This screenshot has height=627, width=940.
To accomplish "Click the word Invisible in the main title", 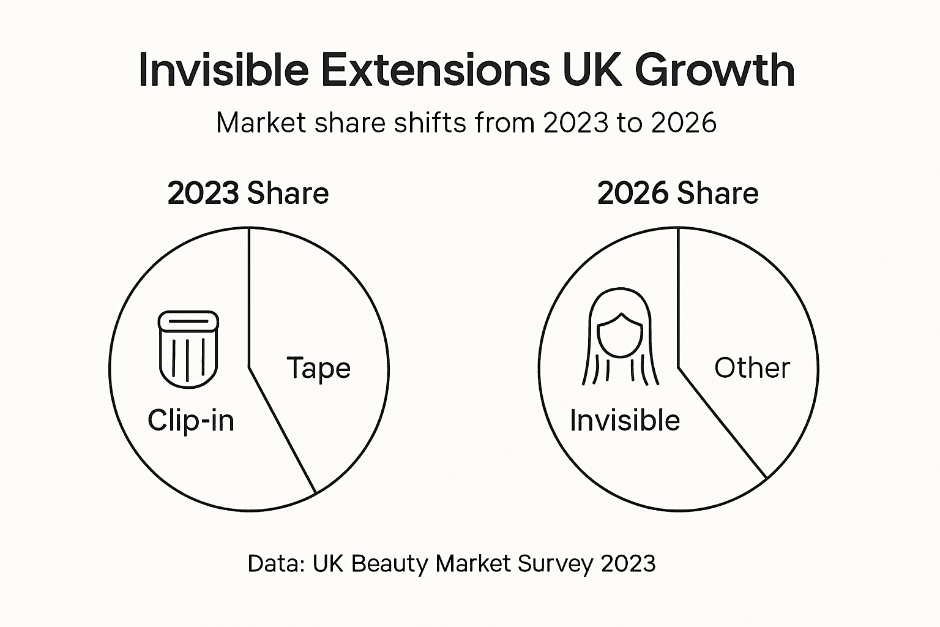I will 223,70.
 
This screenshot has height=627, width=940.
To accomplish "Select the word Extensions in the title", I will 435,70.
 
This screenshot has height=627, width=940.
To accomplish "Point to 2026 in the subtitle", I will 684,123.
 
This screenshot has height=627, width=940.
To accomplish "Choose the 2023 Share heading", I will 248,193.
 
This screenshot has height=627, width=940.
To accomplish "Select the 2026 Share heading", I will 677,193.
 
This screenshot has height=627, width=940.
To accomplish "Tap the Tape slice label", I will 318,368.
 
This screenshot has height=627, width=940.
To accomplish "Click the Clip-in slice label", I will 191,421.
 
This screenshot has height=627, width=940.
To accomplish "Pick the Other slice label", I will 752,368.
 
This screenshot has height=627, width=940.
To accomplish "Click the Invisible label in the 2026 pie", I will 625,421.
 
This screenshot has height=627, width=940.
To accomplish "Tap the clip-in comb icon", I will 188,349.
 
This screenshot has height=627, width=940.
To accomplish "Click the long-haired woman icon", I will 621,337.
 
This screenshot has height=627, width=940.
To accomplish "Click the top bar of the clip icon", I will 188,320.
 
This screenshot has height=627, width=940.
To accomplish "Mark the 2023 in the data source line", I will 628,563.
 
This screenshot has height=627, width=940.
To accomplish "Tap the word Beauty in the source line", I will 390,563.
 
